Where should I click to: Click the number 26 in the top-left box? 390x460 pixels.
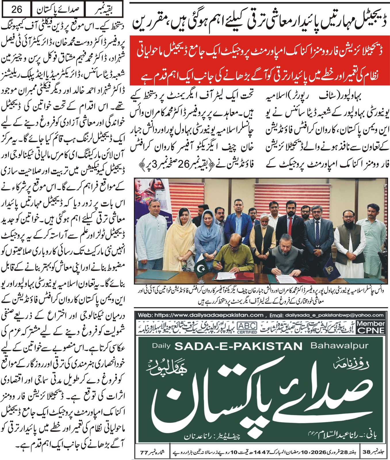point(17,9)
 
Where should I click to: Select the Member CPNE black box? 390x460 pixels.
point(370,327)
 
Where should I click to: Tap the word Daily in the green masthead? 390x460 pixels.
point(161,345)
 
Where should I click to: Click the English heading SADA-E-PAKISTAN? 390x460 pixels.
point(238,346)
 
